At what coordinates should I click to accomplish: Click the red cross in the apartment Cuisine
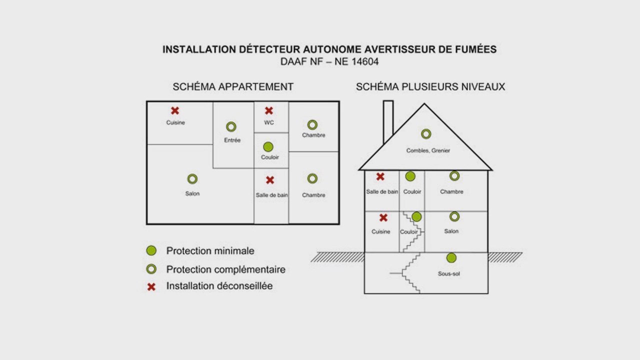174,110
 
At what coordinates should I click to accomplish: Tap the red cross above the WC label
269,110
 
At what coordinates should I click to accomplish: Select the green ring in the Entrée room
231,127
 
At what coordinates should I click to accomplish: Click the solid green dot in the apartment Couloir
268,146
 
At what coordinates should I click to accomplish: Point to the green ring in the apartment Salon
192,178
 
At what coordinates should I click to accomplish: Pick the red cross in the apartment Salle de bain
270,180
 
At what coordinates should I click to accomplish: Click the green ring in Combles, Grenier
426,134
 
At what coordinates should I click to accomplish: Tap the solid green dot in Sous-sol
451,257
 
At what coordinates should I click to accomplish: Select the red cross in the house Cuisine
383,217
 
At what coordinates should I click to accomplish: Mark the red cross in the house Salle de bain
380,176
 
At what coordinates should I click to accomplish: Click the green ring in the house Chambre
454,175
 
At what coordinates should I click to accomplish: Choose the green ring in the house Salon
454,216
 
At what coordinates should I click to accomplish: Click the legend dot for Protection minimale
151,250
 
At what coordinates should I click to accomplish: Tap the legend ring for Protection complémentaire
151,269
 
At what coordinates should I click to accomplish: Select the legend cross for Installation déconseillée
151,287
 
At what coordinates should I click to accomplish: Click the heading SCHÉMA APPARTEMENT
233,86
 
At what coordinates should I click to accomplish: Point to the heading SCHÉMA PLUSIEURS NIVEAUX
430,86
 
